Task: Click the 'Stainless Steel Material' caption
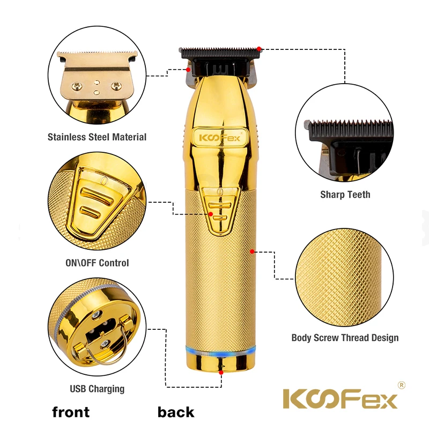coord(97,137)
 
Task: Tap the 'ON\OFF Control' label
coord(97,263)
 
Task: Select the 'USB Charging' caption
coord(97,389)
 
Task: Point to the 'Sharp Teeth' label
coord(345,195)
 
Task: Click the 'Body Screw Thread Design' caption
coord(345,338)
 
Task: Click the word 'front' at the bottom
coord(71,412)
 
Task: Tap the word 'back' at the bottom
coord(176,412)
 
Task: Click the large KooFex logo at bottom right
coord(340,398)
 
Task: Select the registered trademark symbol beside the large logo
coord(401,385)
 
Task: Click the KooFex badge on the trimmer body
coord(220,137)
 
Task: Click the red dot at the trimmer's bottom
coord(221,372)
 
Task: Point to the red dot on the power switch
coord(211,214)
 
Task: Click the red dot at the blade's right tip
coord(259,49)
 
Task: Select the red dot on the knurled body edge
coord(252,252)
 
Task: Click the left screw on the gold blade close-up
coord(77,86)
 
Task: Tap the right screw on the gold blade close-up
coord(116,86)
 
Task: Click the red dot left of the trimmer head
coord(188,70)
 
